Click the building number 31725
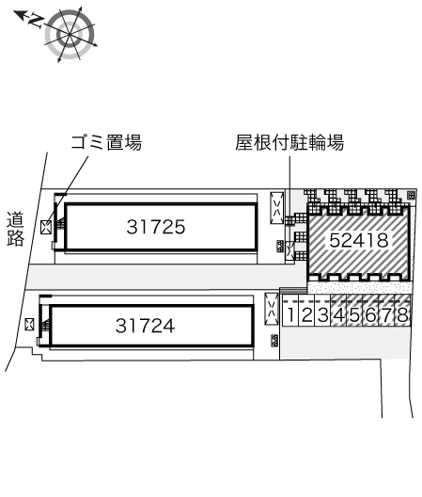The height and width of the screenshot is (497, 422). [156, 227]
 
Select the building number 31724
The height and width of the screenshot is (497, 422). [145, 326]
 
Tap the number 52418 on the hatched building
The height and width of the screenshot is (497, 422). [359, 240]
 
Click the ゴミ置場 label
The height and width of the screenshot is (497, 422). [106, 142]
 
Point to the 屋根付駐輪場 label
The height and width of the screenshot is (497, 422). [289, 142]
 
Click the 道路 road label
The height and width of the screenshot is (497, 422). [16, 229]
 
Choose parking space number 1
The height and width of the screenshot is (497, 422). [290, 314]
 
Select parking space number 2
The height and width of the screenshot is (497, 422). [306, 314]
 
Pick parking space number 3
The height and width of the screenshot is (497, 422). [322, 314]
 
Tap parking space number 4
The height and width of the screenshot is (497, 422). [338, 314]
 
